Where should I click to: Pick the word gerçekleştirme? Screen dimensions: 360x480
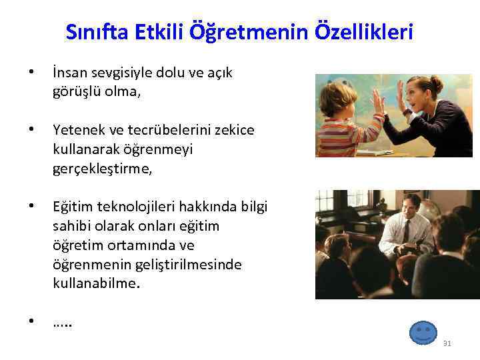tap(102, 169)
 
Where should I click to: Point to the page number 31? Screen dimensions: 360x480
tap(447, 343)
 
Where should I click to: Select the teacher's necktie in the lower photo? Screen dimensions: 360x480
tap(405, 231)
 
